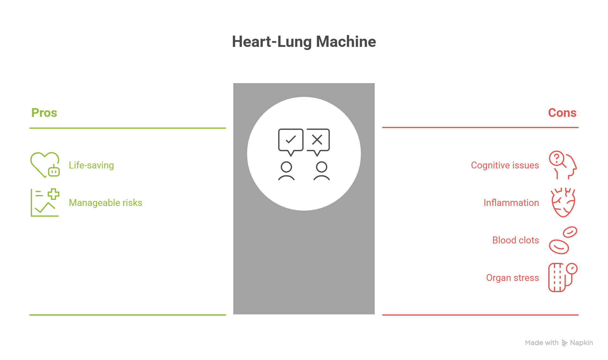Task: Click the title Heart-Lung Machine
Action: [304, 42]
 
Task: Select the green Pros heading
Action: [44, 113]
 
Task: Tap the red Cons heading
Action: [562, 113]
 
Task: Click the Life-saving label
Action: [91, 165]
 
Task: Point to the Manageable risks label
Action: [105, 203]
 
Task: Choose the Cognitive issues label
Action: [505, 165]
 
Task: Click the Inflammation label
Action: [511, 203]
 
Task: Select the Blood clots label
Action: [515, 240]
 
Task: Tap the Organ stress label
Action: [512, 278]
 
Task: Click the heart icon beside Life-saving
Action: [45, 165]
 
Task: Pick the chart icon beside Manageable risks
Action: [45, 202]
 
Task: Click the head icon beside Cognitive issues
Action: [563, 165]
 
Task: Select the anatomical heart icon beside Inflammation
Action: [563, 202]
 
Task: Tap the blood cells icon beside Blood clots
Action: [563, 240]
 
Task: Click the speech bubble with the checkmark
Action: [291, 140]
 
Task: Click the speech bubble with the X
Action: [317, 140]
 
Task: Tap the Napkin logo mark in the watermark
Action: [564, 343]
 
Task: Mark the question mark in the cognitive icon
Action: [557, 158]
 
